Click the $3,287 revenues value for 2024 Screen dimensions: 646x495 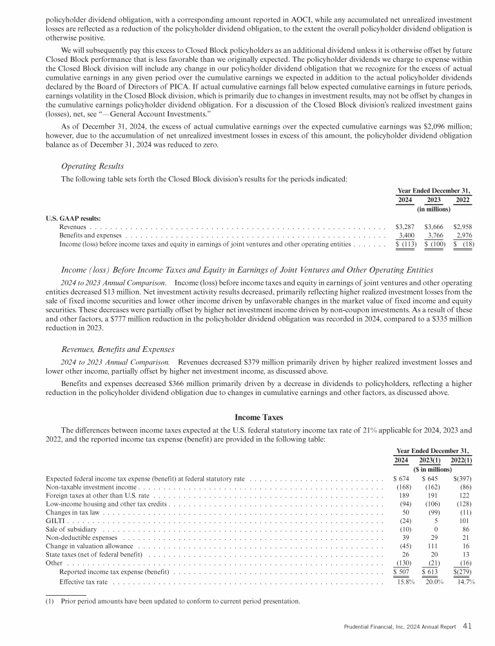404,226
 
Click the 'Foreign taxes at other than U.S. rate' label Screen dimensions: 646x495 98,497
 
